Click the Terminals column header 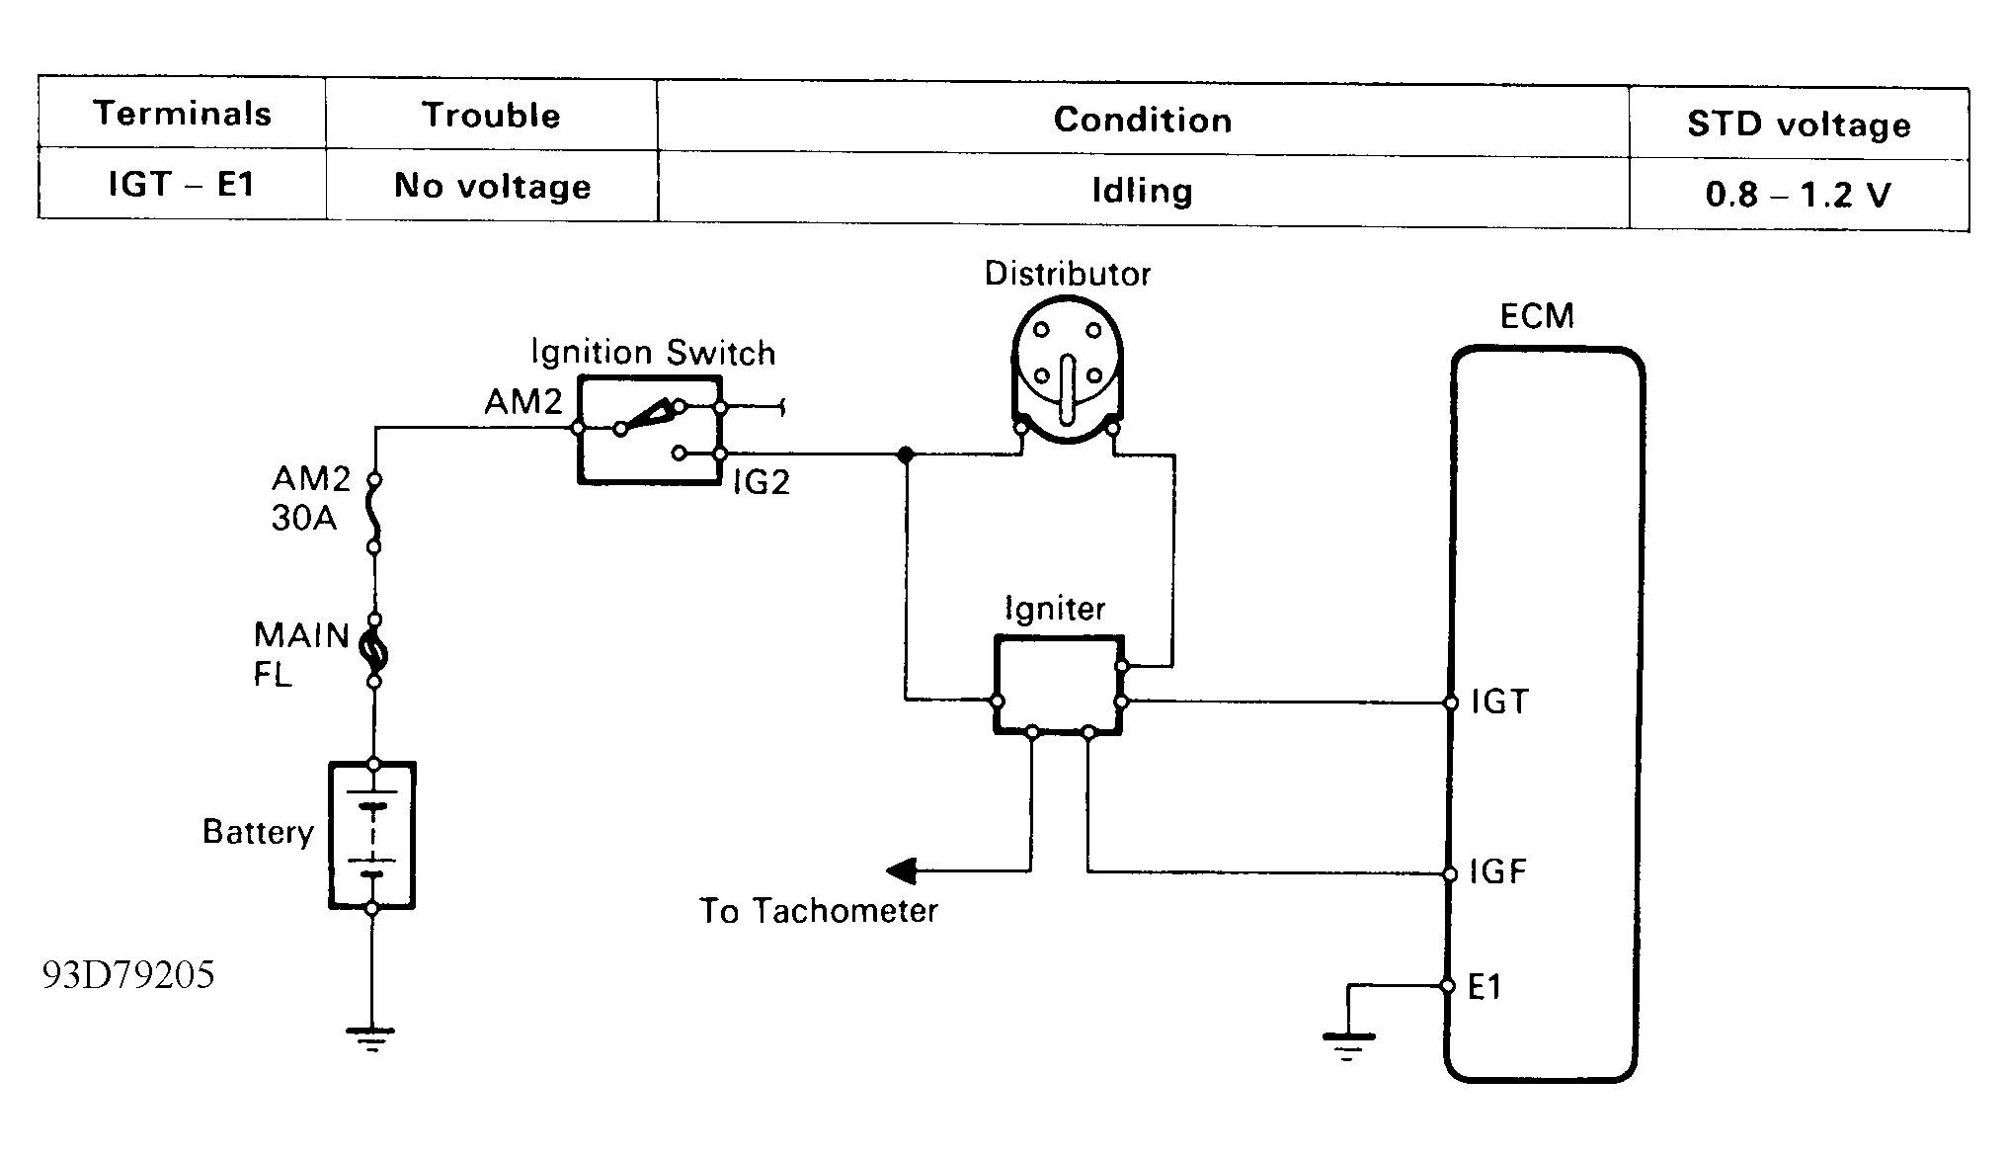tap(183, 114)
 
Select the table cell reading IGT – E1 tap(182, 184)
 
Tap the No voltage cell tap(492, 186)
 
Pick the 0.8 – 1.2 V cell tap(1798, 195)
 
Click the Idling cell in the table tap(1142, 190)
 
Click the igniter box tap(1058, 685)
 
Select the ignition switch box tap(649, 430)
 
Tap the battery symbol tap(371, 835)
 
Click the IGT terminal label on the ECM tap(1499, 702)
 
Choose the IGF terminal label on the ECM tap(1498, 871)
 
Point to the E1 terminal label tap(1485, 986)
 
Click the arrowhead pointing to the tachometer tap(901, 871)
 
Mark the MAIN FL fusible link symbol tap(375, 650)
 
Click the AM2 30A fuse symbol tap(374, 512)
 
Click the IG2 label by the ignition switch tap(761, 482)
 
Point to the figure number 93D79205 tap(128, 975)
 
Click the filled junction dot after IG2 tap(905, 455)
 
